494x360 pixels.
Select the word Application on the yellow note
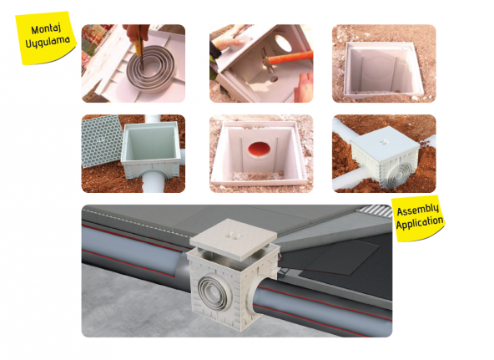click(421, 224)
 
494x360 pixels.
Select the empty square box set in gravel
click(384, 63)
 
